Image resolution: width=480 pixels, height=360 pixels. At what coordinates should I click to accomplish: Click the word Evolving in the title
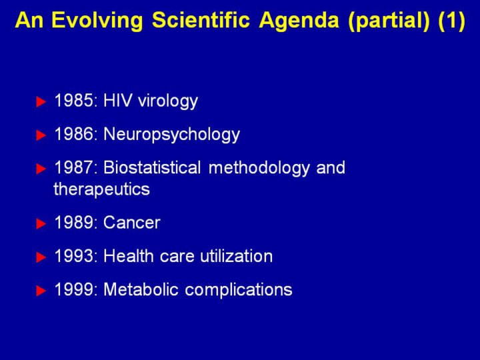coord(97,21)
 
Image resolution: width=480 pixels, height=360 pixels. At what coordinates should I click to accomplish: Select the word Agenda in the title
coord(299,21)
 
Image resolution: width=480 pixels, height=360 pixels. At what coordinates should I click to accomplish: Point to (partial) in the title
coord(389,21)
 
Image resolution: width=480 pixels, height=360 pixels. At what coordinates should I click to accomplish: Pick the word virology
coord(168,101)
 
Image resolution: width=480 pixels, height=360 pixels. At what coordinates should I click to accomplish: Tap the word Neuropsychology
coord(172,135)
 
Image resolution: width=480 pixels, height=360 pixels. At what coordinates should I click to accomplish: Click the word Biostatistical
coord(152,167)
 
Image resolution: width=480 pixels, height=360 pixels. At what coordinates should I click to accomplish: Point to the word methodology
coord(259,169)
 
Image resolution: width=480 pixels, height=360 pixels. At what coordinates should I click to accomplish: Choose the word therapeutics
coord(101,189)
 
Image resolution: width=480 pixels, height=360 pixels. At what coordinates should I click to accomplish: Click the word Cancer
coord(132,223)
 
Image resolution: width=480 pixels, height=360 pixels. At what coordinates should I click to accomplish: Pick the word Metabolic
coord(141,289)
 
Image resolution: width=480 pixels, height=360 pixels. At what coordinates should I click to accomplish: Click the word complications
coord(239,291)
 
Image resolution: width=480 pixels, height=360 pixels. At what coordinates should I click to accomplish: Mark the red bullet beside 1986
coord(41,135)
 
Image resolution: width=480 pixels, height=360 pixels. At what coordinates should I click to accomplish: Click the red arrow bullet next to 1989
coord(41,224)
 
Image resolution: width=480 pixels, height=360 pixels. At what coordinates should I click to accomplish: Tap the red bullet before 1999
coord(41,291)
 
